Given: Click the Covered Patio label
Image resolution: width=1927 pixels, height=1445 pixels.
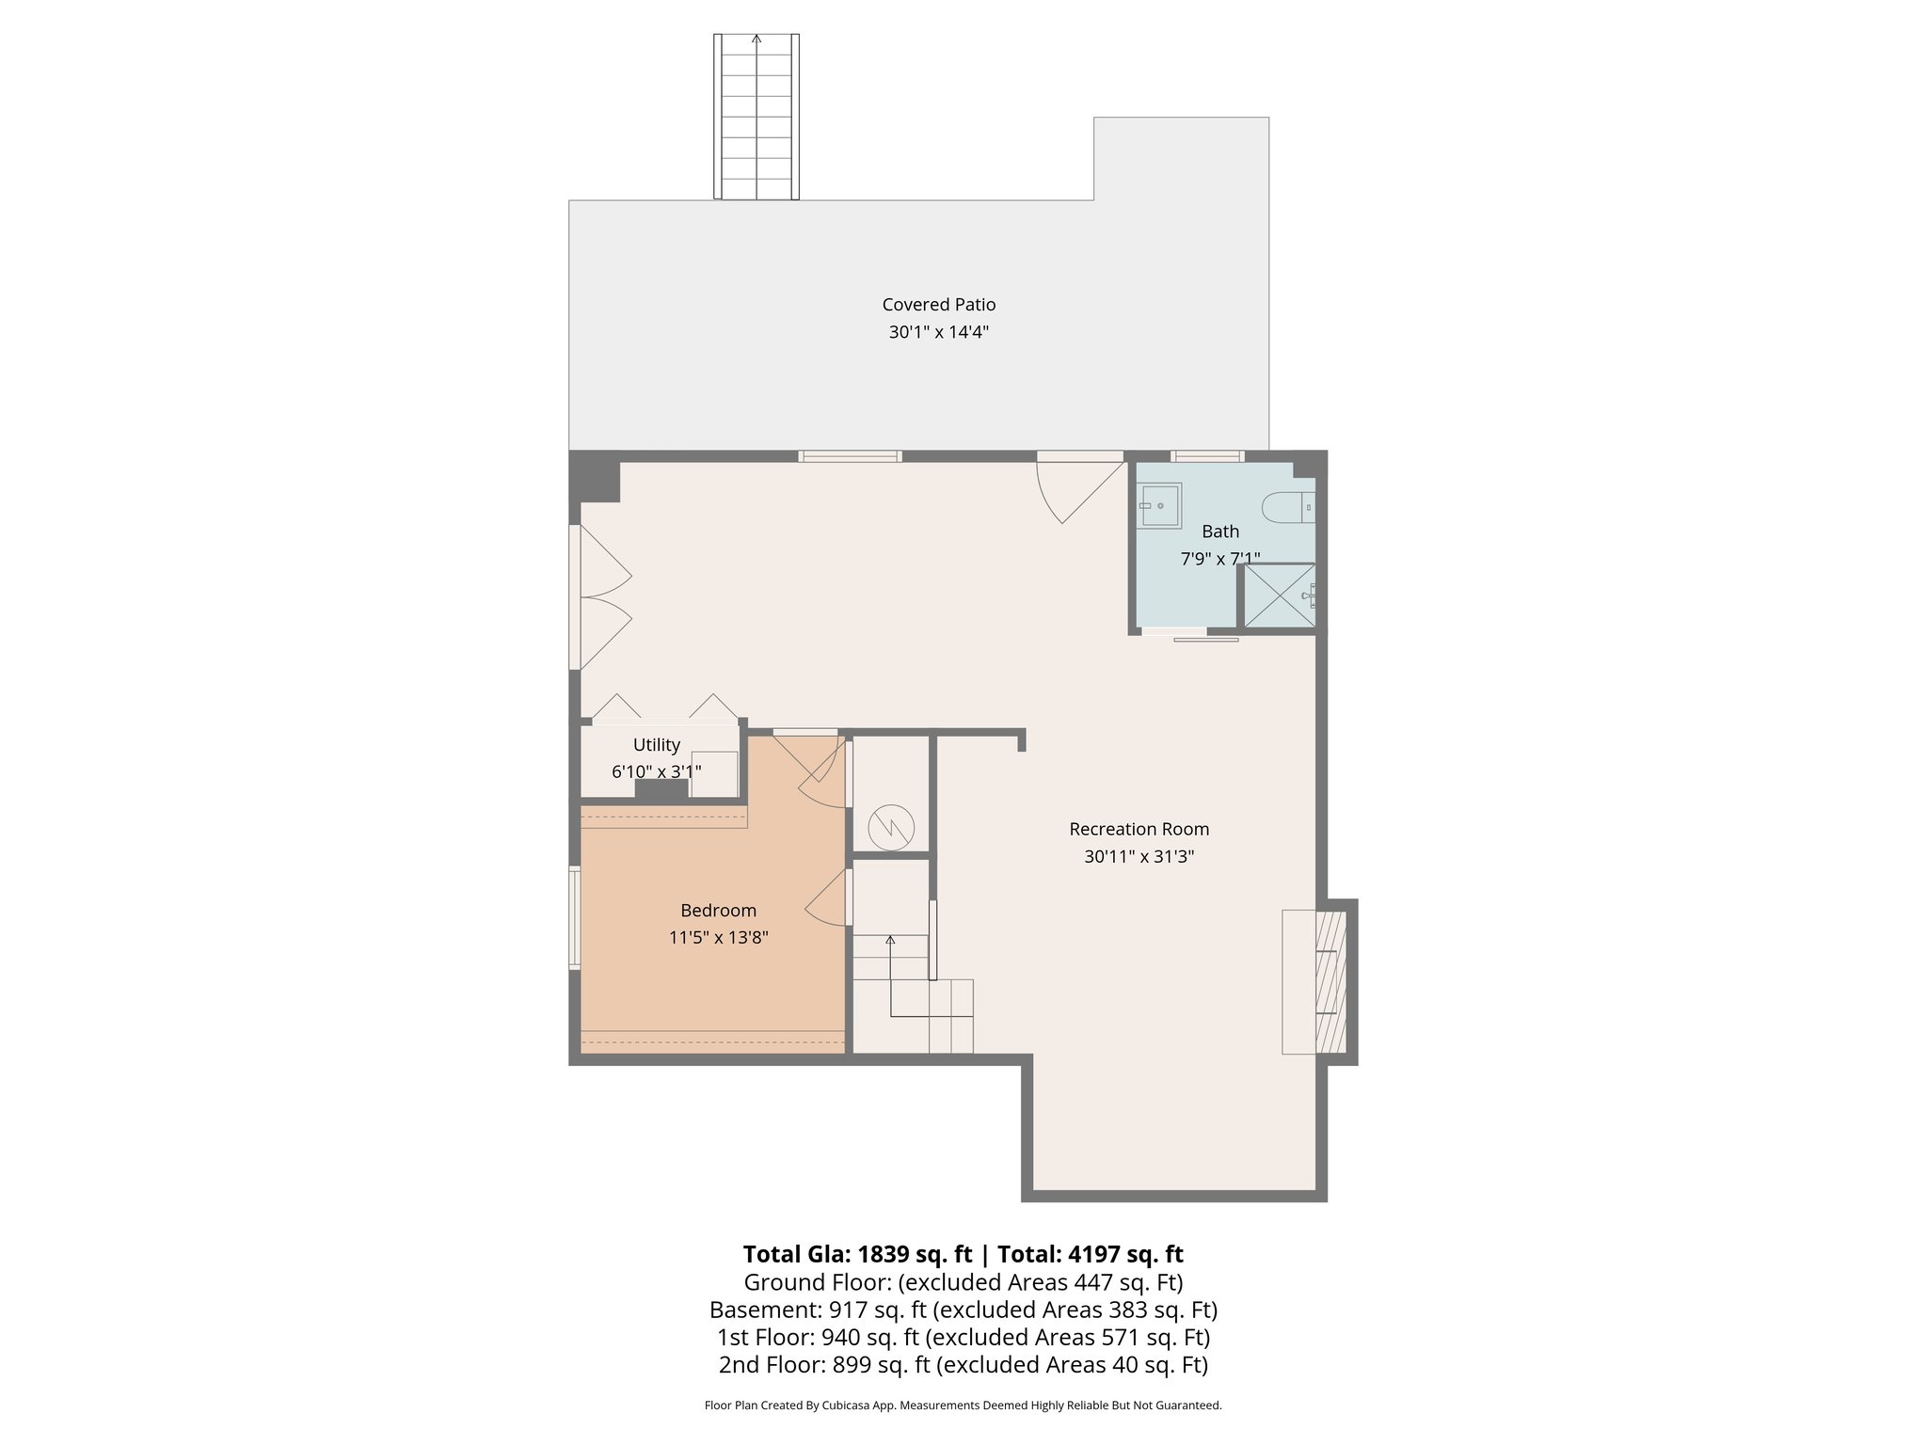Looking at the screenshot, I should coord(938,305).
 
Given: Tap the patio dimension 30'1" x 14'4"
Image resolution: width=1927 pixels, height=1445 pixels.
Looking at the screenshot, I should coord(938,332).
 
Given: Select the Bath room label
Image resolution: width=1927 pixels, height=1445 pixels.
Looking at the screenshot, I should coord(1220,532).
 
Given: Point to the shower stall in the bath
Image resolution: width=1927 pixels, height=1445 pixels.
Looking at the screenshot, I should coord(1279,595).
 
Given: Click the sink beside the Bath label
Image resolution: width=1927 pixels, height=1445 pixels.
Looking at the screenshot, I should coord(1160,506).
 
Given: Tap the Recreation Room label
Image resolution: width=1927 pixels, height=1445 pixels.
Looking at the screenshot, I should coord(1139,829).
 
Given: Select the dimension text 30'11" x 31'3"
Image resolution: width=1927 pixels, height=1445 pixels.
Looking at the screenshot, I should coord(1139,857).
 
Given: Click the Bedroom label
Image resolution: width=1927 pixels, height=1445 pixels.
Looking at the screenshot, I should coord(718,911).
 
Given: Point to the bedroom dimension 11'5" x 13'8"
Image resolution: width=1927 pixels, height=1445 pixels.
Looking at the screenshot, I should coord(718,938).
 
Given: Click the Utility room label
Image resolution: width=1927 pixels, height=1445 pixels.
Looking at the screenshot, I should coord(656,745).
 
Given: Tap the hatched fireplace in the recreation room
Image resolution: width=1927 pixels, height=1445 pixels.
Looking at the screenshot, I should coord(1330,981).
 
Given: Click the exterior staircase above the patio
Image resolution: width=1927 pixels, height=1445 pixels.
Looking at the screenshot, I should coord(756,118).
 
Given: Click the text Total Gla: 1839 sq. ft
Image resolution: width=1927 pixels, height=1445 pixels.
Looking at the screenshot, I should coord(856,1254).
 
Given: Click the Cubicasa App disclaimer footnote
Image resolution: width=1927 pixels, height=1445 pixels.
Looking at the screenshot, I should coord(963,1405).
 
